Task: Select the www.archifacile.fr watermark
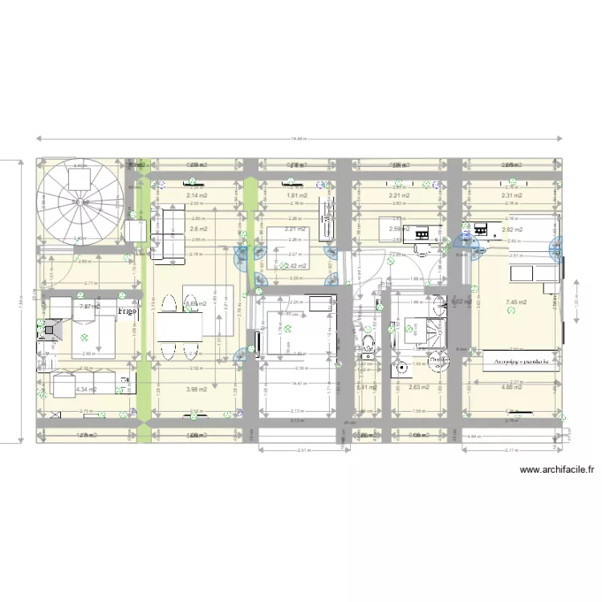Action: (558, 470)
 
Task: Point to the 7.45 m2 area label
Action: (515, 303)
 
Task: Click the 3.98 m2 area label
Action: (197, 389)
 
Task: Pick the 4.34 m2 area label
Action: (86, 389)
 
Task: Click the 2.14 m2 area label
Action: (197, 195)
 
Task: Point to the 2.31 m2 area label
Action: (512, 195)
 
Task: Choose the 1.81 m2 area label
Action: (298, 195)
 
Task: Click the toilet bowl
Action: (368, 344)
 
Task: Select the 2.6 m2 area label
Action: (198, 229)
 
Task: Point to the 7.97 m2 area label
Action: (88, 306)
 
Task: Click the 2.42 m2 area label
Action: (298, 266)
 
